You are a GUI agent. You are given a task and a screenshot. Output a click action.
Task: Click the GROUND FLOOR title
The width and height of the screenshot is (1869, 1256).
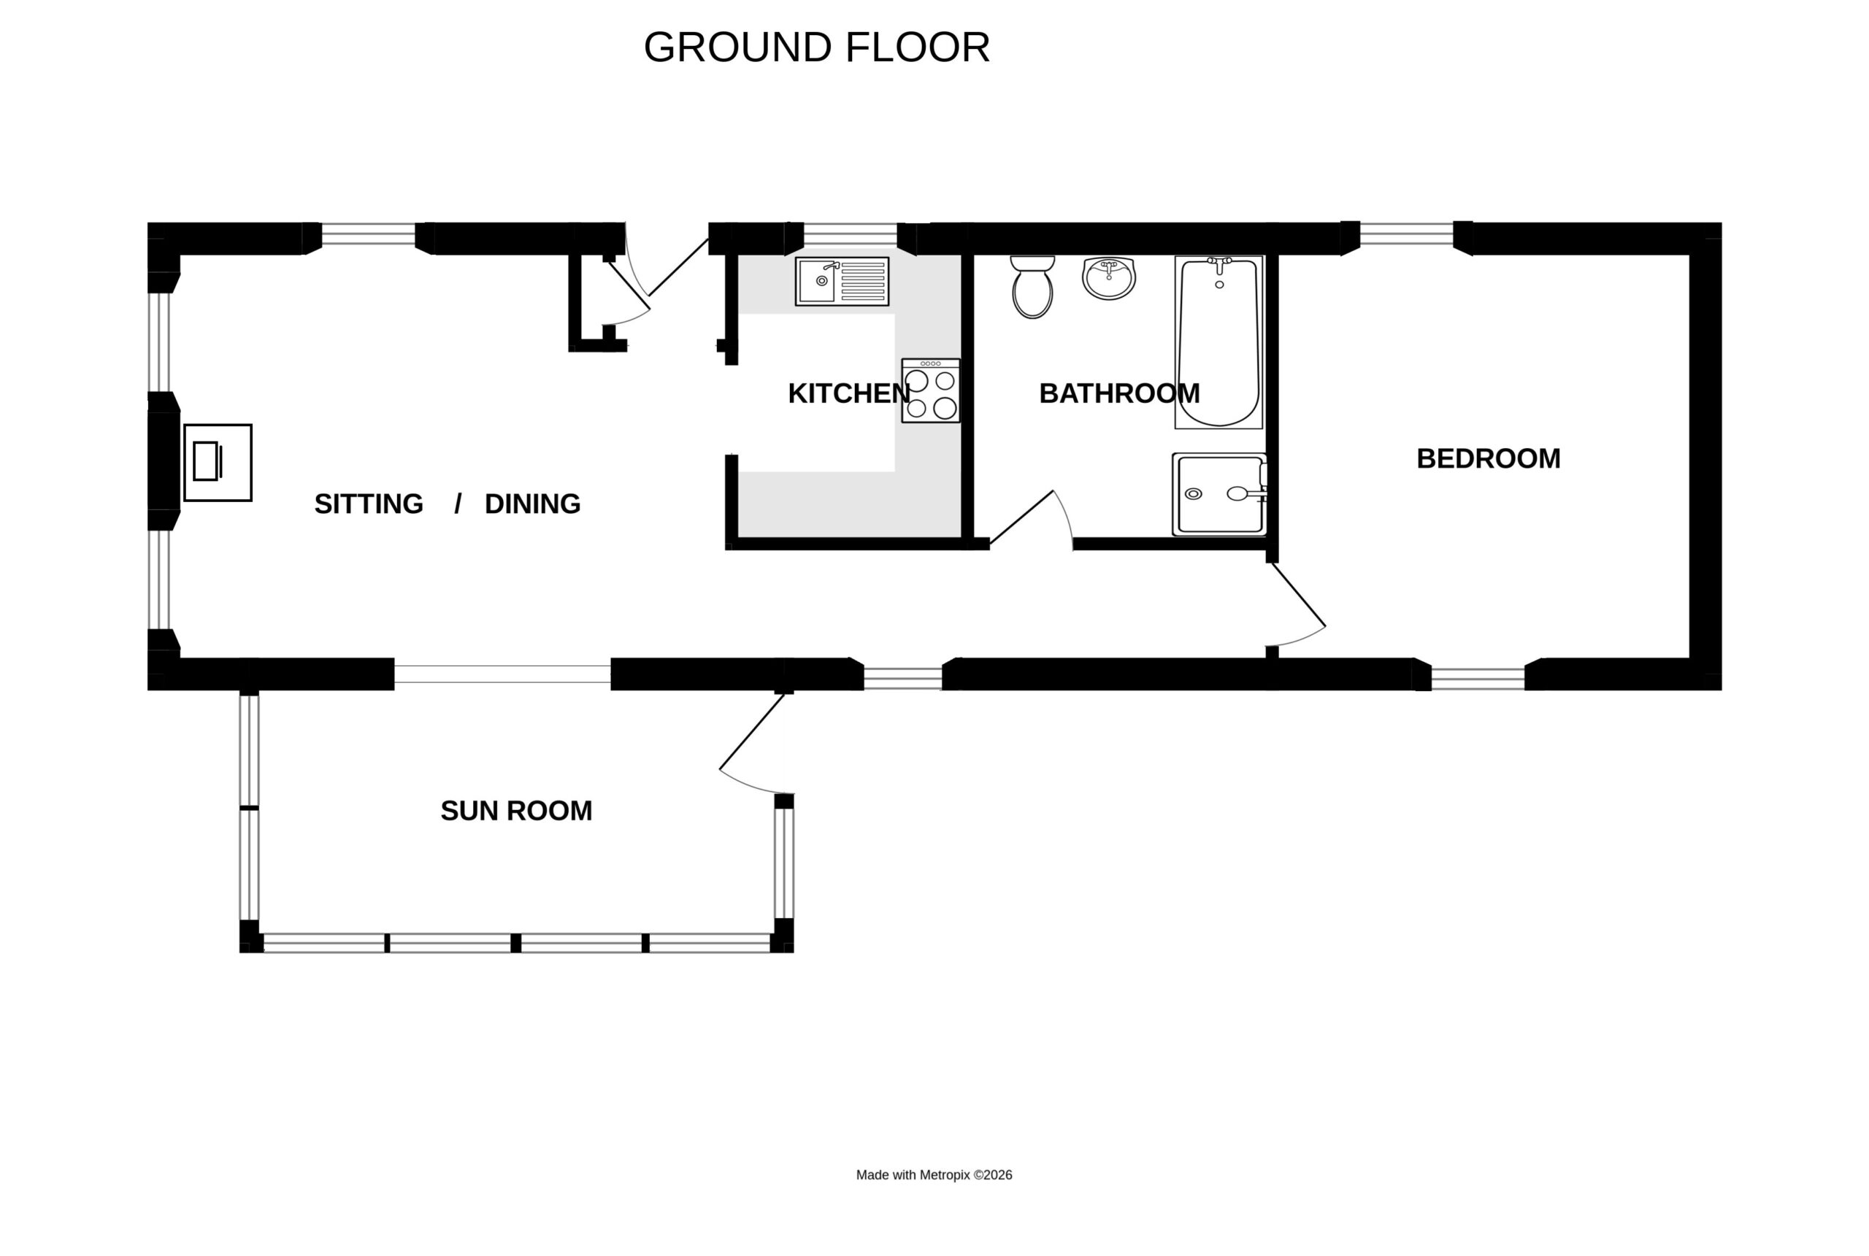[816, 47]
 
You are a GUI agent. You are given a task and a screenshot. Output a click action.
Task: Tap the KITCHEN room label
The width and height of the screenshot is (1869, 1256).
[849, 393]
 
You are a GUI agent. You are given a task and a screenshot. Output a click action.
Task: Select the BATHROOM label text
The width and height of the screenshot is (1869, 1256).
[1119, 393]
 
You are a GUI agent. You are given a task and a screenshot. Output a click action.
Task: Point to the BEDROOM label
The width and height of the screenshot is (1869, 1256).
[1489, 458]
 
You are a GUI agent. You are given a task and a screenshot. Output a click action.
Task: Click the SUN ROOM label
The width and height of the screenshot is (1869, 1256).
[516, 811]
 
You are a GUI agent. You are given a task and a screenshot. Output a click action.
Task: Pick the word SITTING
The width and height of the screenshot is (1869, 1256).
[369, 504]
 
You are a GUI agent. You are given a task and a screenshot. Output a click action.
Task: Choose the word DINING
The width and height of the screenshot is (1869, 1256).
[533, 504]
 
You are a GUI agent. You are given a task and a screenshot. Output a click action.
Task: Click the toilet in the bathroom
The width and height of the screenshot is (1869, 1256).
[1032, 287]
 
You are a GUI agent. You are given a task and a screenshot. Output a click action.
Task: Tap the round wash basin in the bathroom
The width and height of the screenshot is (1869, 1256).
[1109, 278]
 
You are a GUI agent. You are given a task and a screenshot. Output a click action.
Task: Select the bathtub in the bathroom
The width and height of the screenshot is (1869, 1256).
[1219, 342]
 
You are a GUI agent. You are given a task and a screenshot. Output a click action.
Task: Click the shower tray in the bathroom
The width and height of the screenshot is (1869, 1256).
[1219, 494]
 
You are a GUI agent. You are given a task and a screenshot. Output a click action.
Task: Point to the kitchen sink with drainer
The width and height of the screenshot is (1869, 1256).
[842, 281]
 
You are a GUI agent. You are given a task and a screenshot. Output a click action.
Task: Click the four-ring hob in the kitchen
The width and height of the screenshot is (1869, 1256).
[931, 390]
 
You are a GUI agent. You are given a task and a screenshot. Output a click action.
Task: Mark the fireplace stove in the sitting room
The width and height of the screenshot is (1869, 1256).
[218, 462]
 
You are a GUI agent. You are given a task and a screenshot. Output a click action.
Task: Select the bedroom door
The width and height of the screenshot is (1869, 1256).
[1295, 605]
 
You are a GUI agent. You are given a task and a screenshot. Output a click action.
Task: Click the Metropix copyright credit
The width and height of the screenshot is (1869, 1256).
[934, 1175]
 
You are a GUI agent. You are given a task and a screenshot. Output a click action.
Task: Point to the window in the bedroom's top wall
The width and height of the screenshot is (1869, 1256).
[1407, 234]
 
